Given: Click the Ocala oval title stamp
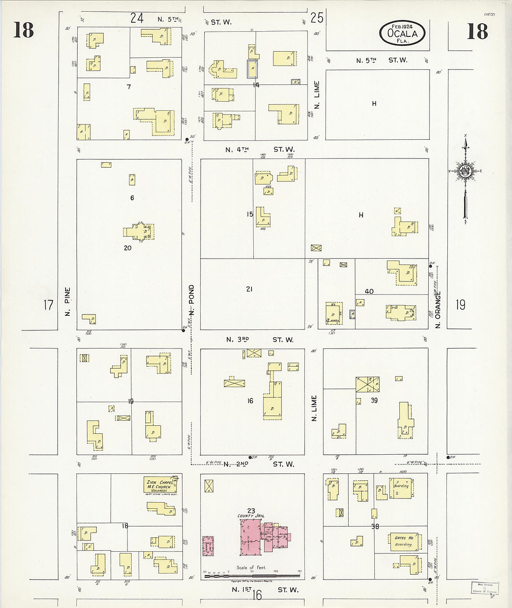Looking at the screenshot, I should [x=402, y=33].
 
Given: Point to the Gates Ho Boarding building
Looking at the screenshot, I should [x=404, y=541].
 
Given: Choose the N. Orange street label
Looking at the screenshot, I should [x=438, y=309].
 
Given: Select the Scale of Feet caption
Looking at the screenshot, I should [x=251, y=567].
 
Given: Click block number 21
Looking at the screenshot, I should [x=249, y=289].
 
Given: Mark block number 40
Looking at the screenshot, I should [x=369, y=292].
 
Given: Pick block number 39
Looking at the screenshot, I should [x=374, y=400].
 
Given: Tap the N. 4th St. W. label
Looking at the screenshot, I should [x=260, y=150].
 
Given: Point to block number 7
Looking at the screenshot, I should [x=128, y=87].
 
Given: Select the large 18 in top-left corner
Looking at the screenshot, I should [x=23, y=30].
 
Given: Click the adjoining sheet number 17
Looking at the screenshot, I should [x=48, y=305].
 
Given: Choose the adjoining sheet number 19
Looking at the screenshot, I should [x=460, y=305].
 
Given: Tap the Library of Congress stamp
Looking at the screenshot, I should [x=485, y=588].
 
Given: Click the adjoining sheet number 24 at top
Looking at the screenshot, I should [x=136, y=18].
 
